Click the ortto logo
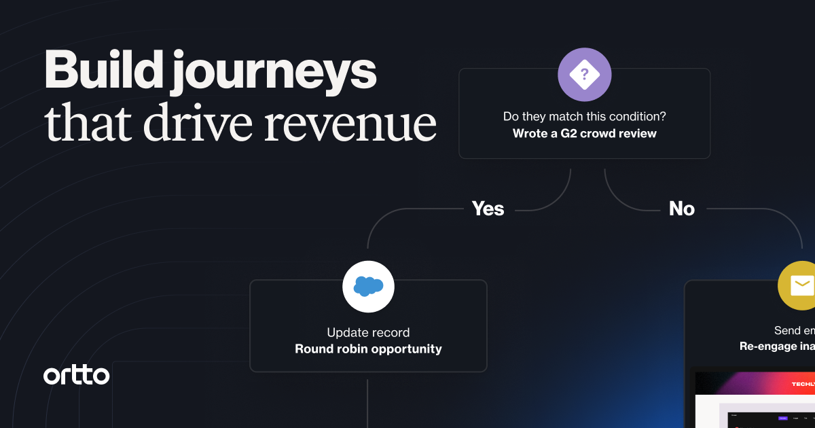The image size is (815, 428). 76,375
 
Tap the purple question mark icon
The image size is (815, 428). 584,75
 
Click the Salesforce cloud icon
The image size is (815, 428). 368,287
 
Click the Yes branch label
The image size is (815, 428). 488,209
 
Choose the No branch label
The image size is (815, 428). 681,209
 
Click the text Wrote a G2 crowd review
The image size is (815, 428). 584,133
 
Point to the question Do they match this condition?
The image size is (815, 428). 584,117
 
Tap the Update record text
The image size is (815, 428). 368,333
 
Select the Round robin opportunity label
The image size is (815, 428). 368,349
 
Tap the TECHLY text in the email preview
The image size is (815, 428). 803,384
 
